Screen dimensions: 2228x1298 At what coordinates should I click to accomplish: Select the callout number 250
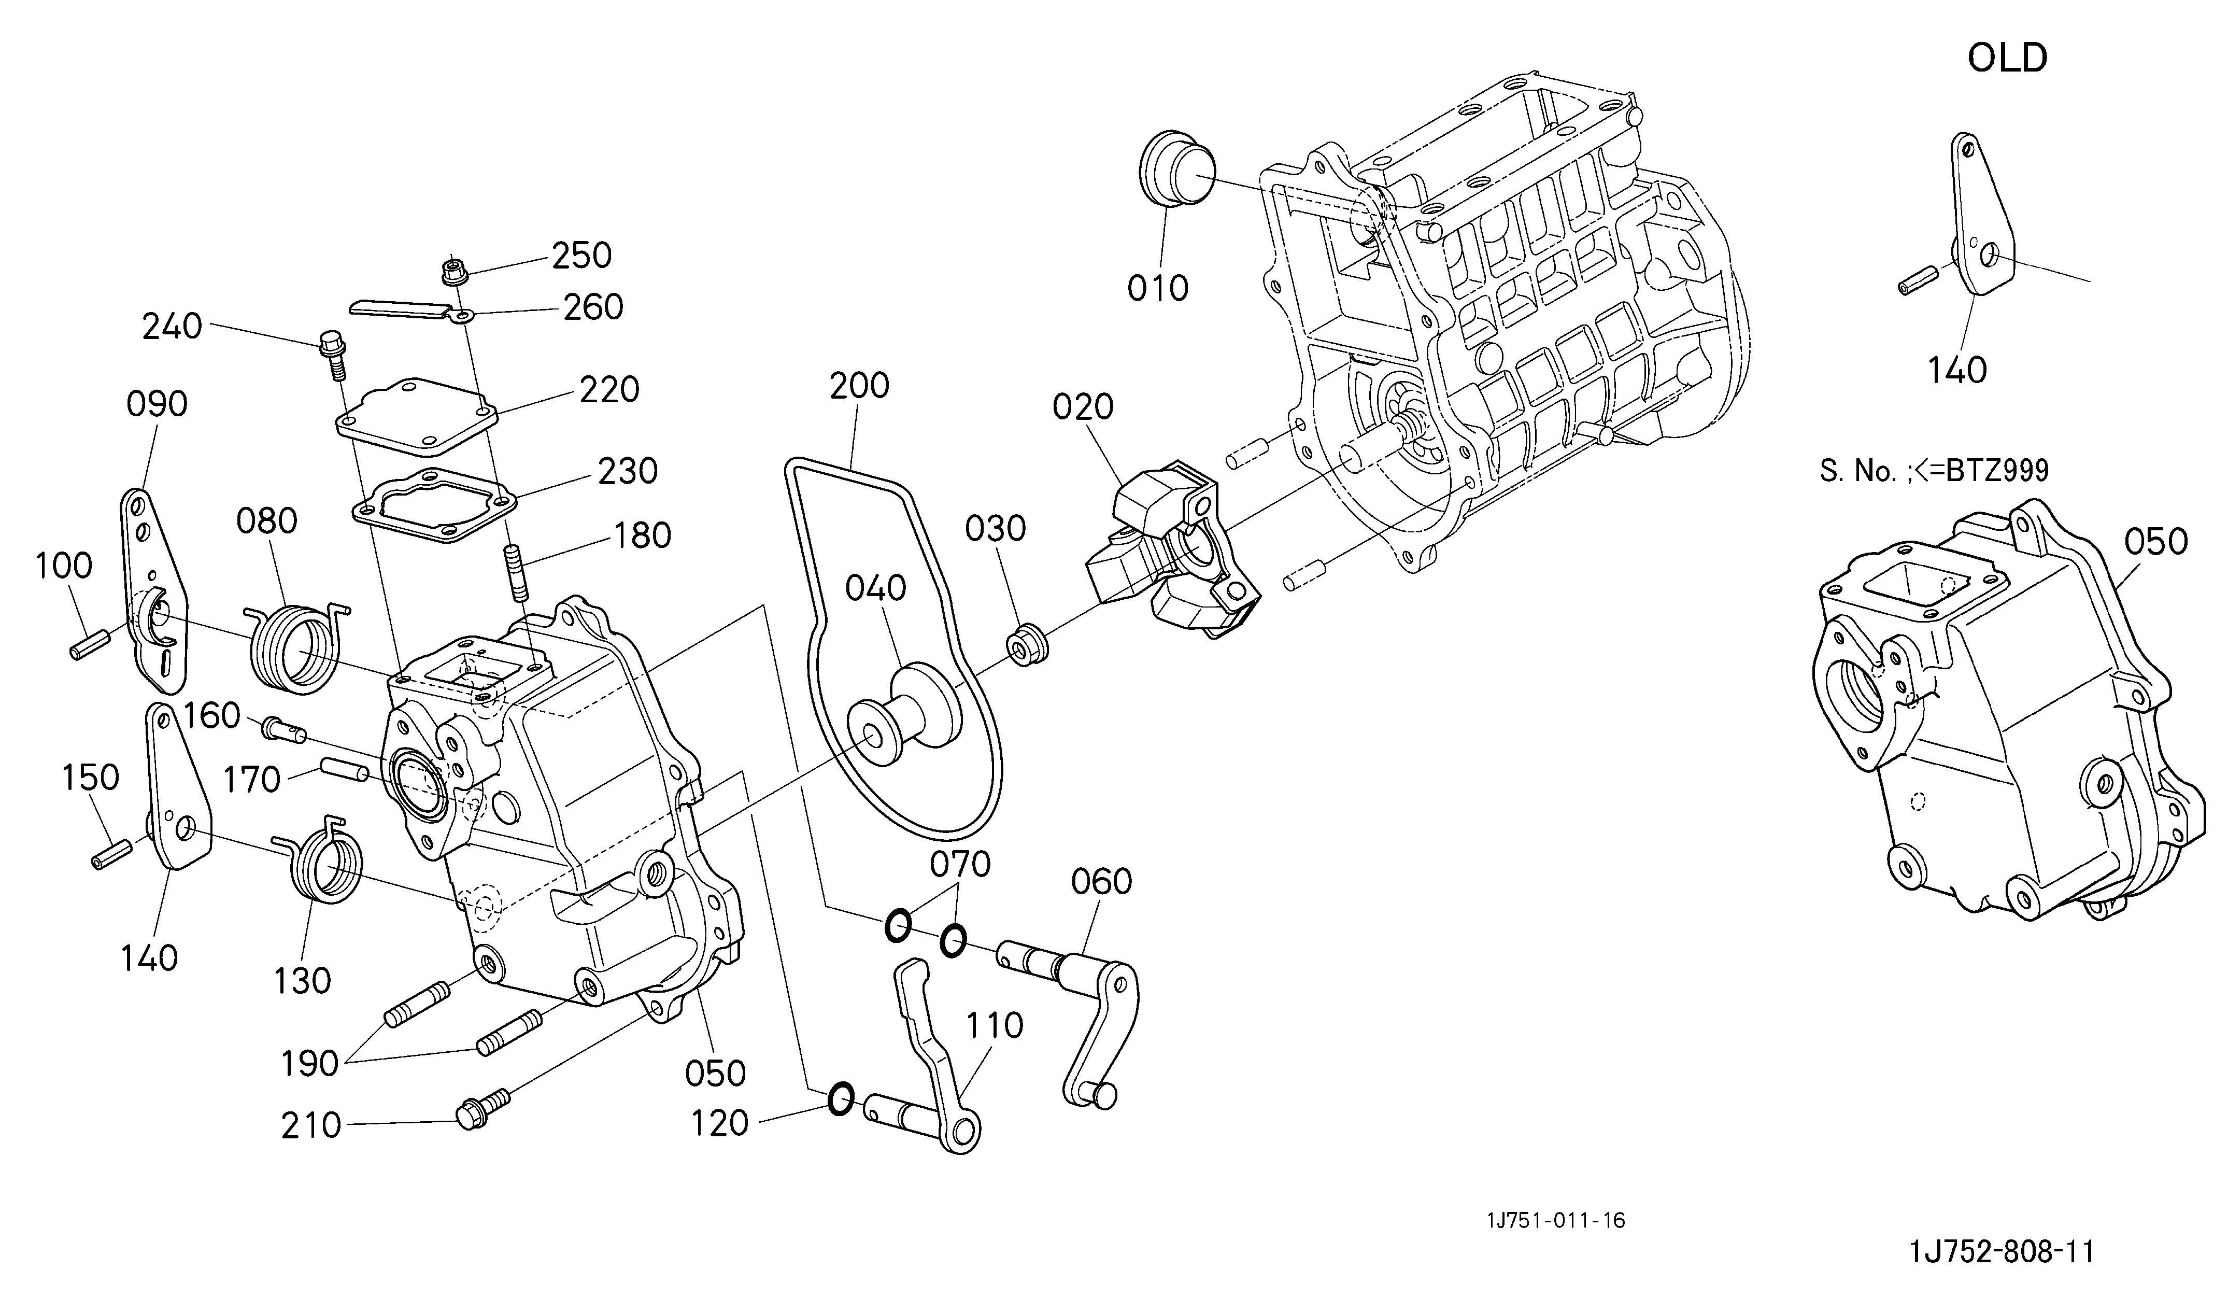click(582, 256)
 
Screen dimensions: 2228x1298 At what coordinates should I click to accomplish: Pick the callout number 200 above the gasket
click(859, 386)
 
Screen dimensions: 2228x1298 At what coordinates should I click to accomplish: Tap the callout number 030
click(996, 529)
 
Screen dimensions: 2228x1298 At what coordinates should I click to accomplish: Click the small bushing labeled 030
click(1027, 645)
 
